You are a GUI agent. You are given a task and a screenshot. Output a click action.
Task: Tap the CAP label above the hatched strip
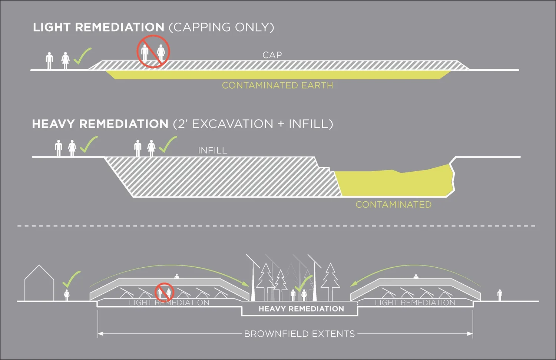(272, 55)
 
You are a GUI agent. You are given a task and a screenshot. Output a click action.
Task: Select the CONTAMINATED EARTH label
(277, 85)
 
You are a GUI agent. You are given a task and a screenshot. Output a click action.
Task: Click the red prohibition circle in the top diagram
(153, 52)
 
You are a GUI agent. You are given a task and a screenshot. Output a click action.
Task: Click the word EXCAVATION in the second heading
(232, 124)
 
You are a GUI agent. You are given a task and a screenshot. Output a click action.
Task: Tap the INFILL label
(212, 150)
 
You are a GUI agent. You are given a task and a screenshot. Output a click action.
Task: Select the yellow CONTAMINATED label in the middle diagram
(393, 205)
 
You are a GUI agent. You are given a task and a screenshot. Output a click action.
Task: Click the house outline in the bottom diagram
(39, 284)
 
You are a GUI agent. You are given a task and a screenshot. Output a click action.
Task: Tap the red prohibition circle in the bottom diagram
(164, 292)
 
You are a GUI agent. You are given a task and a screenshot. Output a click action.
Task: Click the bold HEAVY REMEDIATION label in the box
(301, 309)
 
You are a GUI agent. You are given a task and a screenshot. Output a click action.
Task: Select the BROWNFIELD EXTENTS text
(299, 334)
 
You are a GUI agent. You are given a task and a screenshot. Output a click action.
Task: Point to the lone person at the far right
(500, 295)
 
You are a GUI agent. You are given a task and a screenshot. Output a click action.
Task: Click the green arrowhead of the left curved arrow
(245, 284)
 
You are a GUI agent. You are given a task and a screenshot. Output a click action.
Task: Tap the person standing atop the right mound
(416, 277)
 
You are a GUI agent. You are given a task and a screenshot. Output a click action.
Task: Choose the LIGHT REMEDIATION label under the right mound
(415, 303)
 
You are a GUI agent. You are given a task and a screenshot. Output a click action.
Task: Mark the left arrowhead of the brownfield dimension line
(100, 334)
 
